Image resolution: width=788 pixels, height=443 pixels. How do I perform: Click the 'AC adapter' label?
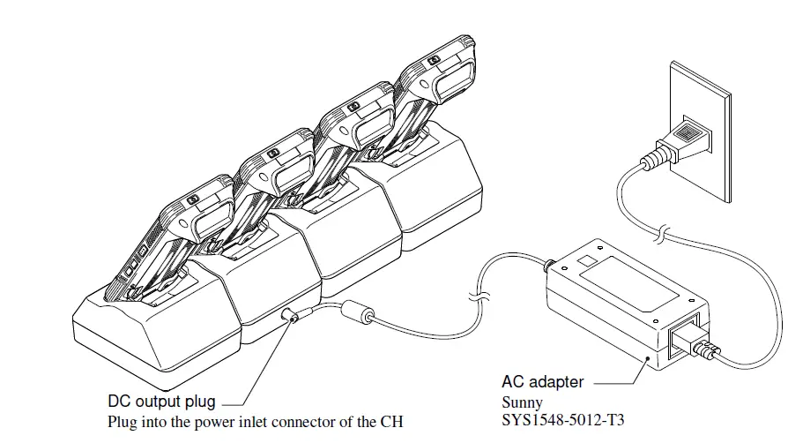coord(542,382)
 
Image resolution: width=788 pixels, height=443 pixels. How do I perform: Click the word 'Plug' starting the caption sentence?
coord(121,421)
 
